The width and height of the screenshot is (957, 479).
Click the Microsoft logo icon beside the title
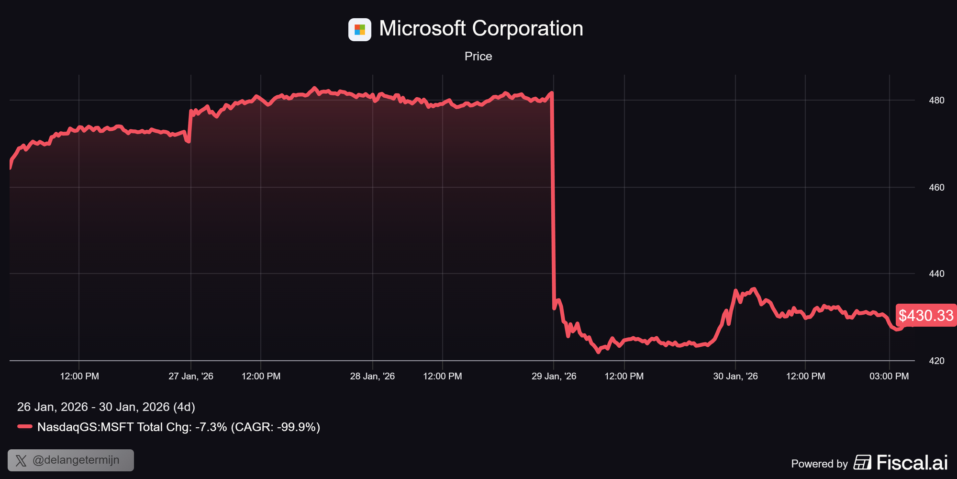tap(359, 30)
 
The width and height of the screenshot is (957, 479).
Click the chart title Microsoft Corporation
tap(481, 29)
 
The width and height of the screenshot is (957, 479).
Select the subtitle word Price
tap(478, 57)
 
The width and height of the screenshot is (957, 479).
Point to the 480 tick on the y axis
tap(936, 101)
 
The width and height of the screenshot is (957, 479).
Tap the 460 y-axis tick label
tap(936, 187)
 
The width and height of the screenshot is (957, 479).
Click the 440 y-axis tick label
tap(936, 274)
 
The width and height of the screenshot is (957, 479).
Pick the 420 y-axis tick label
tap(936, 361)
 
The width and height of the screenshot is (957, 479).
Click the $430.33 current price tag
tap(926, 315)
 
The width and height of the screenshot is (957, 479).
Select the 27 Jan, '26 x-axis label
tap(190, 376)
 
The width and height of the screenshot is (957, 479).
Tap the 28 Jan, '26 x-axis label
tap(372, 376)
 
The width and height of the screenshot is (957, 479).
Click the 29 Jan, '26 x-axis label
tap(554, 376)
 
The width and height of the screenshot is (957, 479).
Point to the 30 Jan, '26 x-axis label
tap(735, 376)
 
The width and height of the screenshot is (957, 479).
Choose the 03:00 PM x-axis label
tap(889, 376)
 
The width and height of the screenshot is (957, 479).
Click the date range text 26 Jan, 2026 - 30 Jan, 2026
tap(106, 407)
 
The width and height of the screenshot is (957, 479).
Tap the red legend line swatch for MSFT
tap(25, 426)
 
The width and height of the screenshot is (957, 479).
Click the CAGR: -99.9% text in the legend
tap(275, 427)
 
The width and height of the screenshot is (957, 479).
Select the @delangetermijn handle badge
tap(71, 460)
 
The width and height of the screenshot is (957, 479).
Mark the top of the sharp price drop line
tap(552, 93)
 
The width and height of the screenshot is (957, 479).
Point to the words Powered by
tap(819, 464)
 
